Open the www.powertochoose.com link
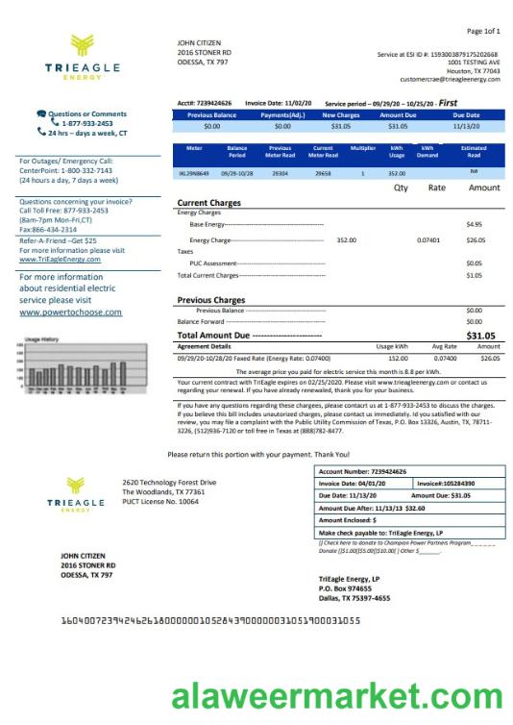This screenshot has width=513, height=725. (x=71, y=312)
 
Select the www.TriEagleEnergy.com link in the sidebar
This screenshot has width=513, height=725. (x=60, y=260)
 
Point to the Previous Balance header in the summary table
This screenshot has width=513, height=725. (x=211, y=115)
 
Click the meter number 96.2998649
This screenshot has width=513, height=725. (x=195, y=174)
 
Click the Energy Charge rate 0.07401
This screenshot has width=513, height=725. (x=428, y=239)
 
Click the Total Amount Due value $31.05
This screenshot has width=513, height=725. (x=480, y=336)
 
